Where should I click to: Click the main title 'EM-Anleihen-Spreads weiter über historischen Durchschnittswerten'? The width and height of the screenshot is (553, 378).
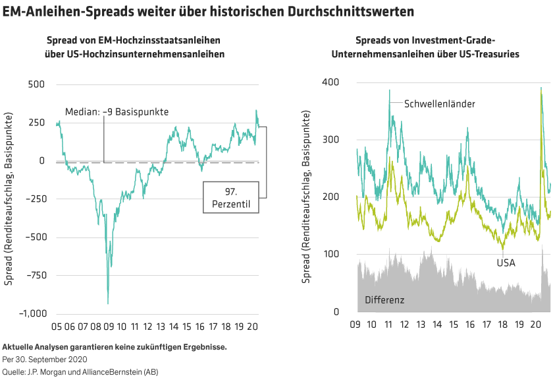213,12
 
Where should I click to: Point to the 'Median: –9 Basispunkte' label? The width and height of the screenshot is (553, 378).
117,111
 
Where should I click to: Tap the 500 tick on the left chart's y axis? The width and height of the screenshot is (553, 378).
36,85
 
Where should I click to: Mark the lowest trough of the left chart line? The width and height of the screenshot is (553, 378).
108,303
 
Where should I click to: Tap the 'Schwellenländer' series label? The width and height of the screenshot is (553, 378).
439,104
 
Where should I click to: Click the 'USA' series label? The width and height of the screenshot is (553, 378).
506,263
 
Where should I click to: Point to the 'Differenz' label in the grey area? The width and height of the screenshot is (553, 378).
384,299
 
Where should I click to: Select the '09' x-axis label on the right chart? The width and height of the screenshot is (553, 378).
355,326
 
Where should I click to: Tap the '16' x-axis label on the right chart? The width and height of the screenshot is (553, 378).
470,326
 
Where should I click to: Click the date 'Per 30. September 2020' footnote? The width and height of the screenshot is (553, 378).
44,360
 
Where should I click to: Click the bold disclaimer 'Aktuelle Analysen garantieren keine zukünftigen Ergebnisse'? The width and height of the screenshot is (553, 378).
115,347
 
